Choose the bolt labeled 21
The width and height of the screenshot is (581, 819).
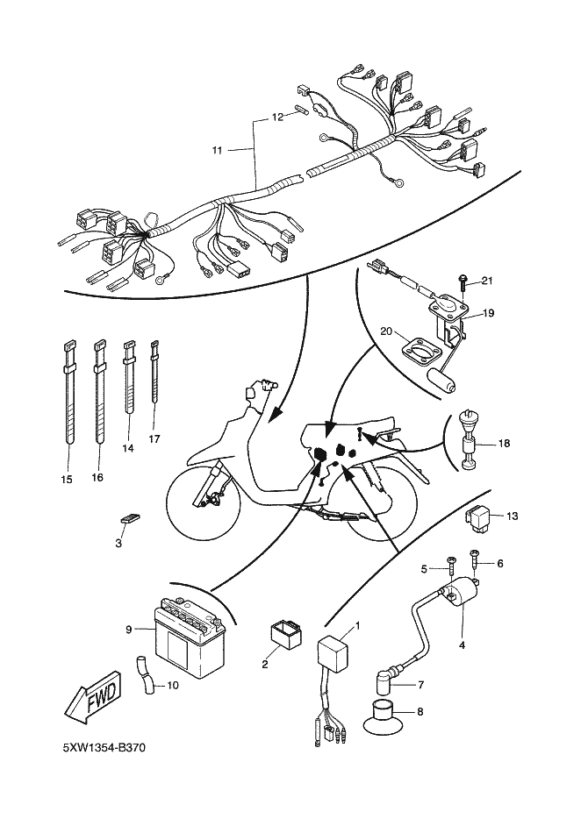click(463, 281)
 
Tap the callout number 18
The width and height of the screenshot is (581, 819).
click(504, 444)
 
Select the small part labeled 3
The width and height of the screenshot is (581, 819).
click(129, 518)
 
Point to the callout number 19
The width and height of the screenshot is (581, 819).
click(489, 311)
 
